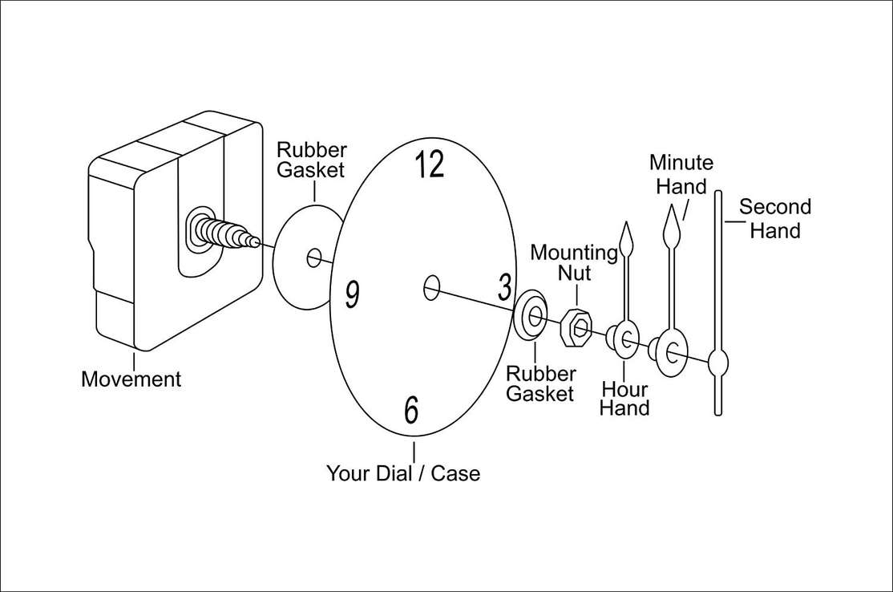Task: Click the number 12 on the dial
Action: tap(430, 164)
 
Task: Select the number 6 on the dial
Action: tap(411, 409)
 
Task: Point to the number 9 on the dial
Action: tap(351, 294)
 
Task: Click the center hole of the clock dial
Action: tap(431, 286)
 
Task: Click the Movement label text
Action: tap(131, 379)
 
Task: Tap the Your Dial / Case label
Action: tap(403, 473)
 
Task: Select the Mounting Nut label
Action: tap(574, 263)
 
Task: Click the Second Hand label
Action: tap(774, 219)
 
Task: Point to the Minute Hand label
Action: tap(681, 174)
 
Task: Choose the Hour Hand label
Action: tap(624, 399)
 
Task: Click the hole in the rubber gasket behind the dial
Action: tap(314, 257)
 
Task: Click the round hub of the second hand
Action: tap(719, 363)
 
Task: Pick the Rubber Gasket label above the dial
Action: tap(311, 160)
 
